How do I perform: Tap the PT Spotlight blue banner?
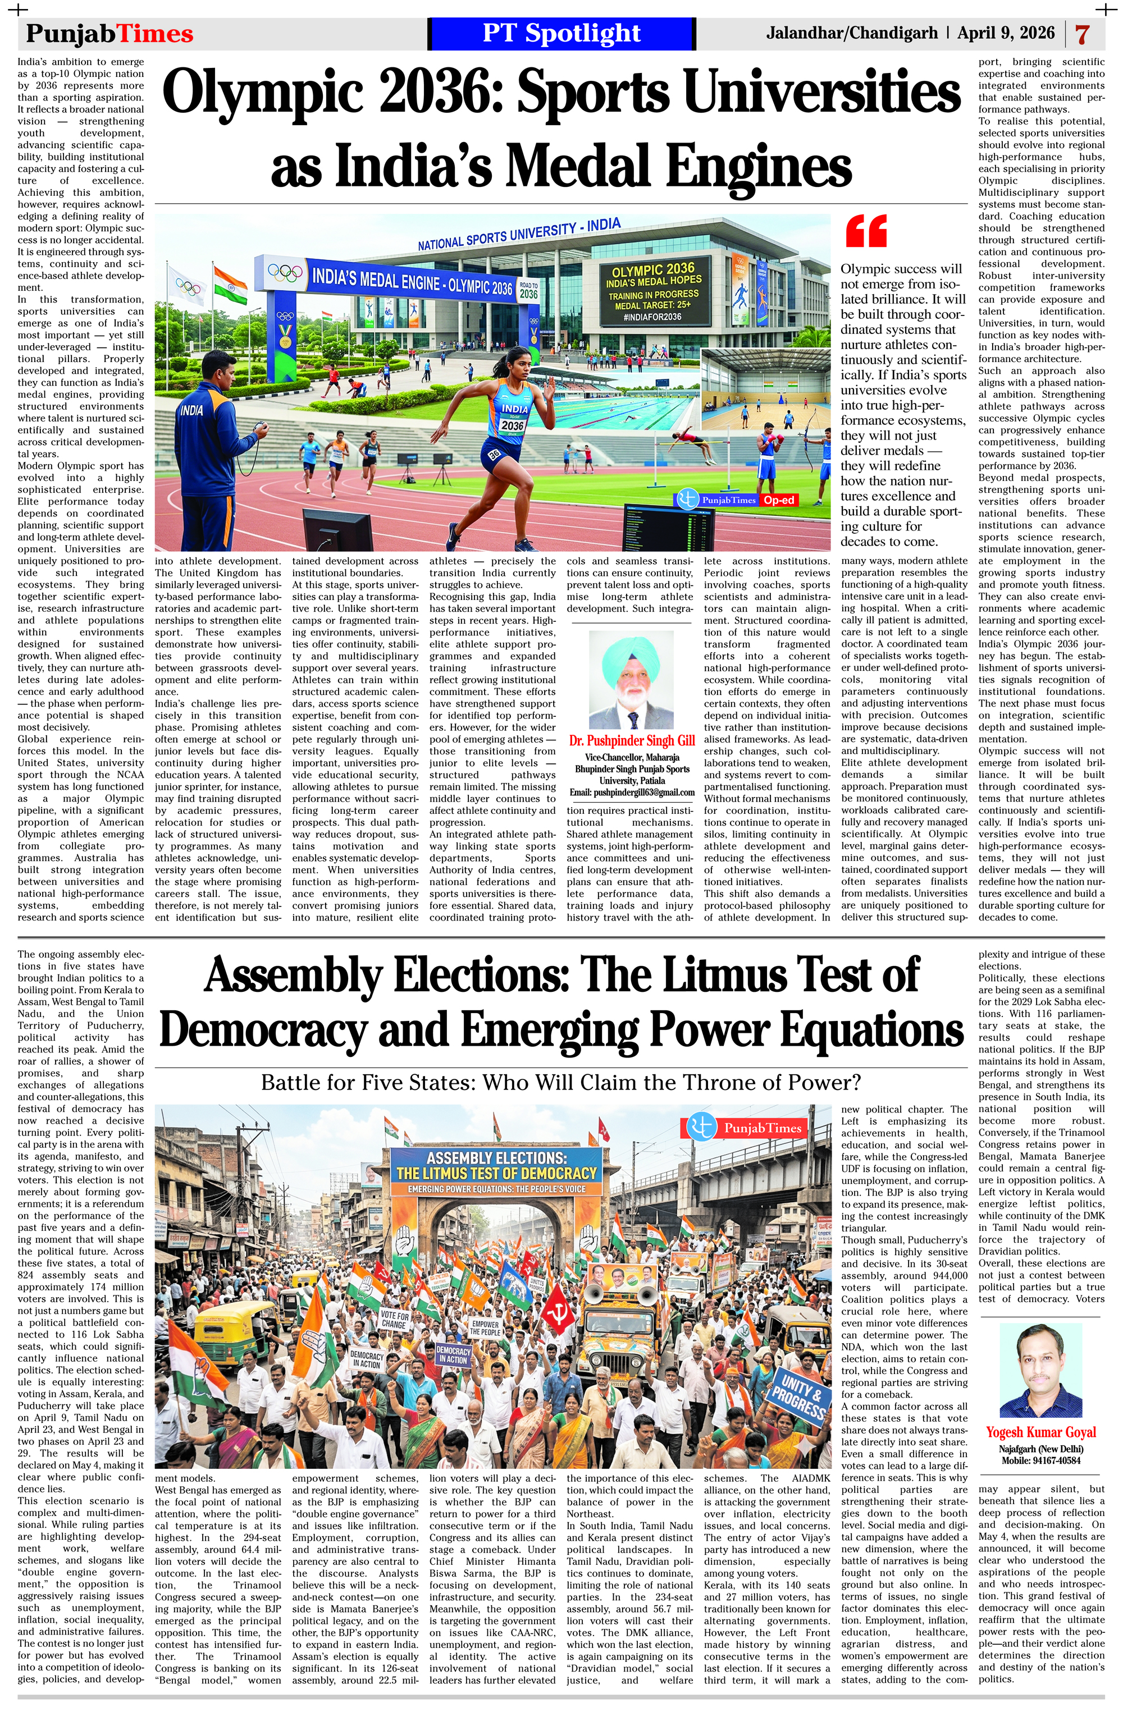[561, 33]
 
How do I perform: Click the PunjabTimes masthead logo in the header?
[109, 33]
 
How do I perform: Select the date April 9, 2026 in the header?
[1006, 33]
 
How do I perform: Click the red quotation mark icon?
[865, 230]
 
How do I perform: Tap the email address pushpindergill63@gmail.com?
[632, 792]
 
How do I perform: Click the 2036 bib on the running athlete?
[512, 425]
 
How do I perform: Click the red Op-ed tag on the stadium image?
[779, 500]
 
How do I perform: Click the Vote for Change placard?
[394, 1320]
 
